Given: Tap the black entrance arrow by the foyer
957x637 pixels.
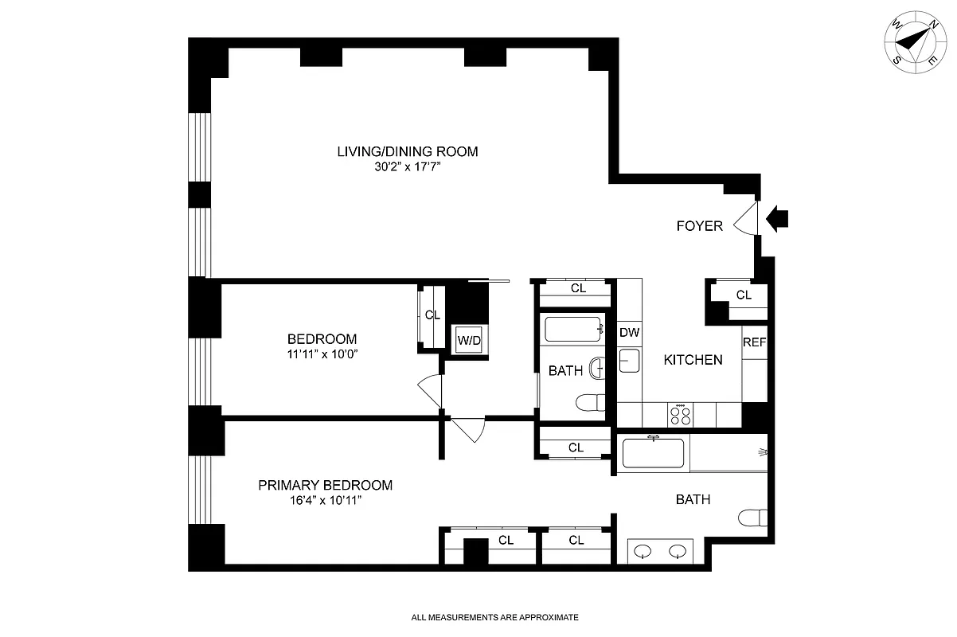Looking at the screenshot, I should (x=777, y=218).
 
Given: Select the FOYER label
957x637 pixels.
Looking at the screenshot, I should (x=699, y=226).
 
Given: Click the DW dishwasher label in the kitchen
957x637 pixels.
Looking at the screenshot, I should (x=630, y=333).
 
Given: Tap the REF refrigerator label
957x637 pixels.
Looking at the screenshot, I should (x=754, y=342).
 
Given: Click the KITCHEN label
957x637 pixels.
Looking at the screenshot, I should (x=693, y=360).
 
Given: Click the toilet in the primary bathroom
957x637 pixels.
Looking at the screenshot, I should (x=753, y=518).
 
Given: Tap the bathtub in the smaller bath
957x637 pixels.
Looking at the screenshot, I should (x=573, y=329).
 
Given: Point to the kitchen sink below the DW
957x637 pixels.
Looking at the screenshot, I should (x=629, y=361).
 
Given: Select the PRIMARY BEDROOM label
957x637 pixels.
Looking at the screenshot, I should (x=325, y=485).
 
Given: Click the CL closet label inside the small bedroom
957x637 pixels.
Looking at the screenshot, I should (x=432, y=315).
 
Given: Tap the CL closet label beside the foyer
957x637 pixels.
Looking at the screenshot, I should (x=744, y=295).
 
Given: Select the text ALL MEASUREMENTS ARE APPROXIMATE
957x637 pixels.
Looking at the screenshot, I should (x=494, y=617).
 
